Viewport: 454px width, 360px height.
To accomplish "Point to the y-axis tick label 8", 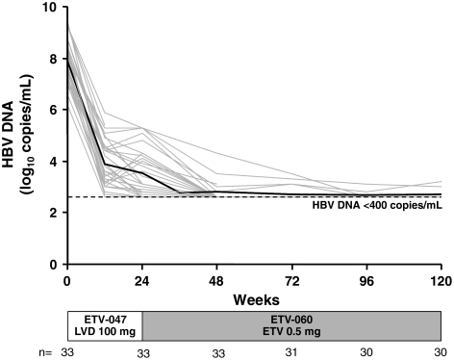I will pos(55,60).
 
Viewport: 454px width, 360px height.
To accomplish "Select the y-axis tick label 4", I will pos(55,162).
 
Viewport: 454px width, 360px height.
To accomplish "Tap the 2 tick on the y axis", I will pos(55,213).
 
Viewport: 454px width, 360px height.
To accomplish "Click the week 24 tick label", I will pos(141,280).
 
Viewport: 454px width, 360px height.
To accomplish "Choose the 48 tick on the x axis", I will pos(216,280).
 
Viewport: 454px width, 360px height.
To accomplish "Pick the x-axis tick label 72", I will pos(291,280).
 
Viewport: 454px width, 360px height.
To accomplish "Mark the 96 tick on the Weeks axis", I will pos(366,280).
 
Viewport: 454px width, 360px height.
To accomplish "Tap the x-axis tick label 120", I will pos(441,280).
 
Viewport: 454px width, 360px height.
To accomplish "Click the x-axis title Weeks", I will pos(254,298).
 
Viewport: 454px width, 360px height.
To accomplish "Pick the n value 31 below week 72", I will pos(291,351).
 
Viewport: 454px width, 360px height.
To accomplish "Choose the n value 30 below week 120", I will pos(441,351).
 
